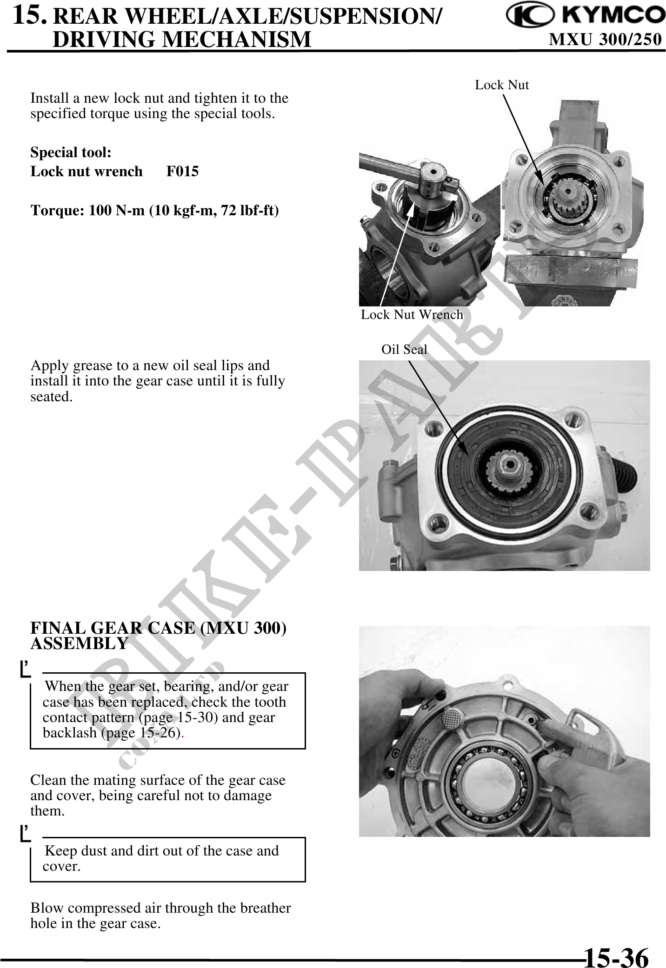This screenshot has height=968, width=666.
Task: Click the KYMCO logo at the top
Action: coord(586,16)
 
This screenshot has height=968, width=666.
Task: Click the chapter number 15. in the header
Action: coord(29,14)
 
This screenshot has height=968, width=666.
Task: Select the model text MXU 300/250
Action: coord(605,40)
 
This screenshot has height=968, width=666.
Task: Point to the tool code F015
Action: coord(182,171)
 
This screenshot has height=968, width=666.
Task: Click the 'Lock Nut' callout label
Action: coord(502,85)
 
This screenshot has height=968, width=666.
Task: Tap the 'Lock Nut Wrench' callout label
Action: coord(412,314)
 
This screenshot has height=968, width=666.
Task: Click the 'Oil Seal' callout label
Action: coord(404,349)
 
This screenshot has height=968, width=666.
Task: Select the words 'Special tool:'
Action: coord(71,152)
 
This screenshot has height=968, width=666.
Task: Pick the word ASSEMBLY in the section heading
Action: coord(79,643)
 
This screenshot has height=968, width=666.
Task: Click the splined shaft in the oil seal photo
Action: coord(508,468)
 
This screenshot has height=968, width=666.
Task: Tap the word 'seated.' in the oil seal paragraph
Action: coord(52,397)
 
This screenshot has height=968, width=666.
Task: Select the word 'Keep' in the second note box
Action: coord(61,851)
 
